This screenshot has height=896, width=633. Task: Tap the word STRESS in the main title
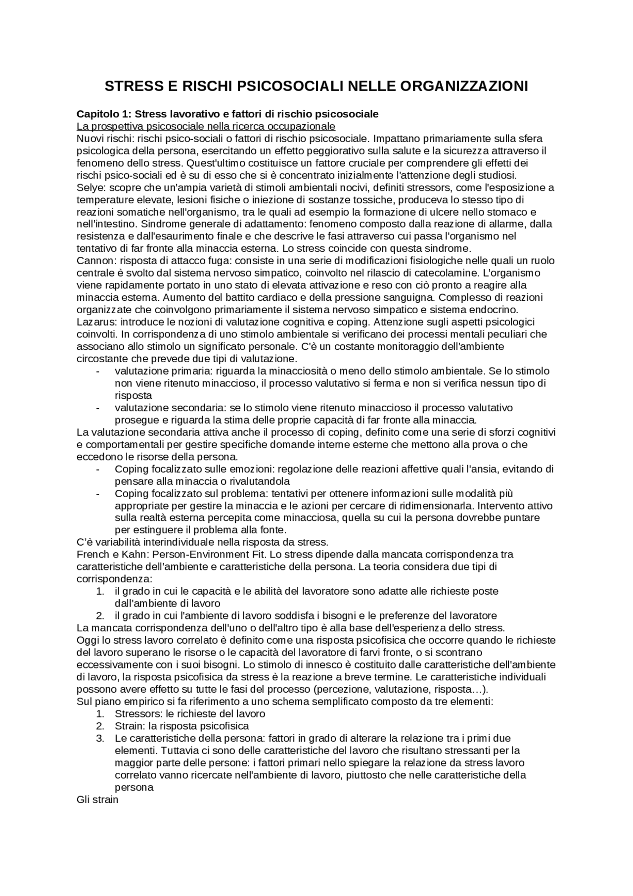tap(129, 86)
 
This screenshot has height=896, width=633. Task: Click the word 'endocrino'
tap(496, 310)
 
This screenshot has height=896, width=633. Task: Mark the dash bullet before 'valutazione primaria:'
tap(98, 371)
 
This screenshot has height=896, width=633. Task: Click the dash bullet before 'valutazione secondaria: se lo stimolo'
tap(98, 408)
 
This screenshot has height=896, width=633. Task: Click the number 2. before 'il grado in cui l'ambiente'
tap(100, 616)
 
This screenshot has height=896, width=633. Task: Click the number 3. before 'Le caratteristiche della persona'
tap(100, 739)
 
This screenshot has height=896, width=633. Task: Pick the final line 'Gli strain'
tap(98, 800)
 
